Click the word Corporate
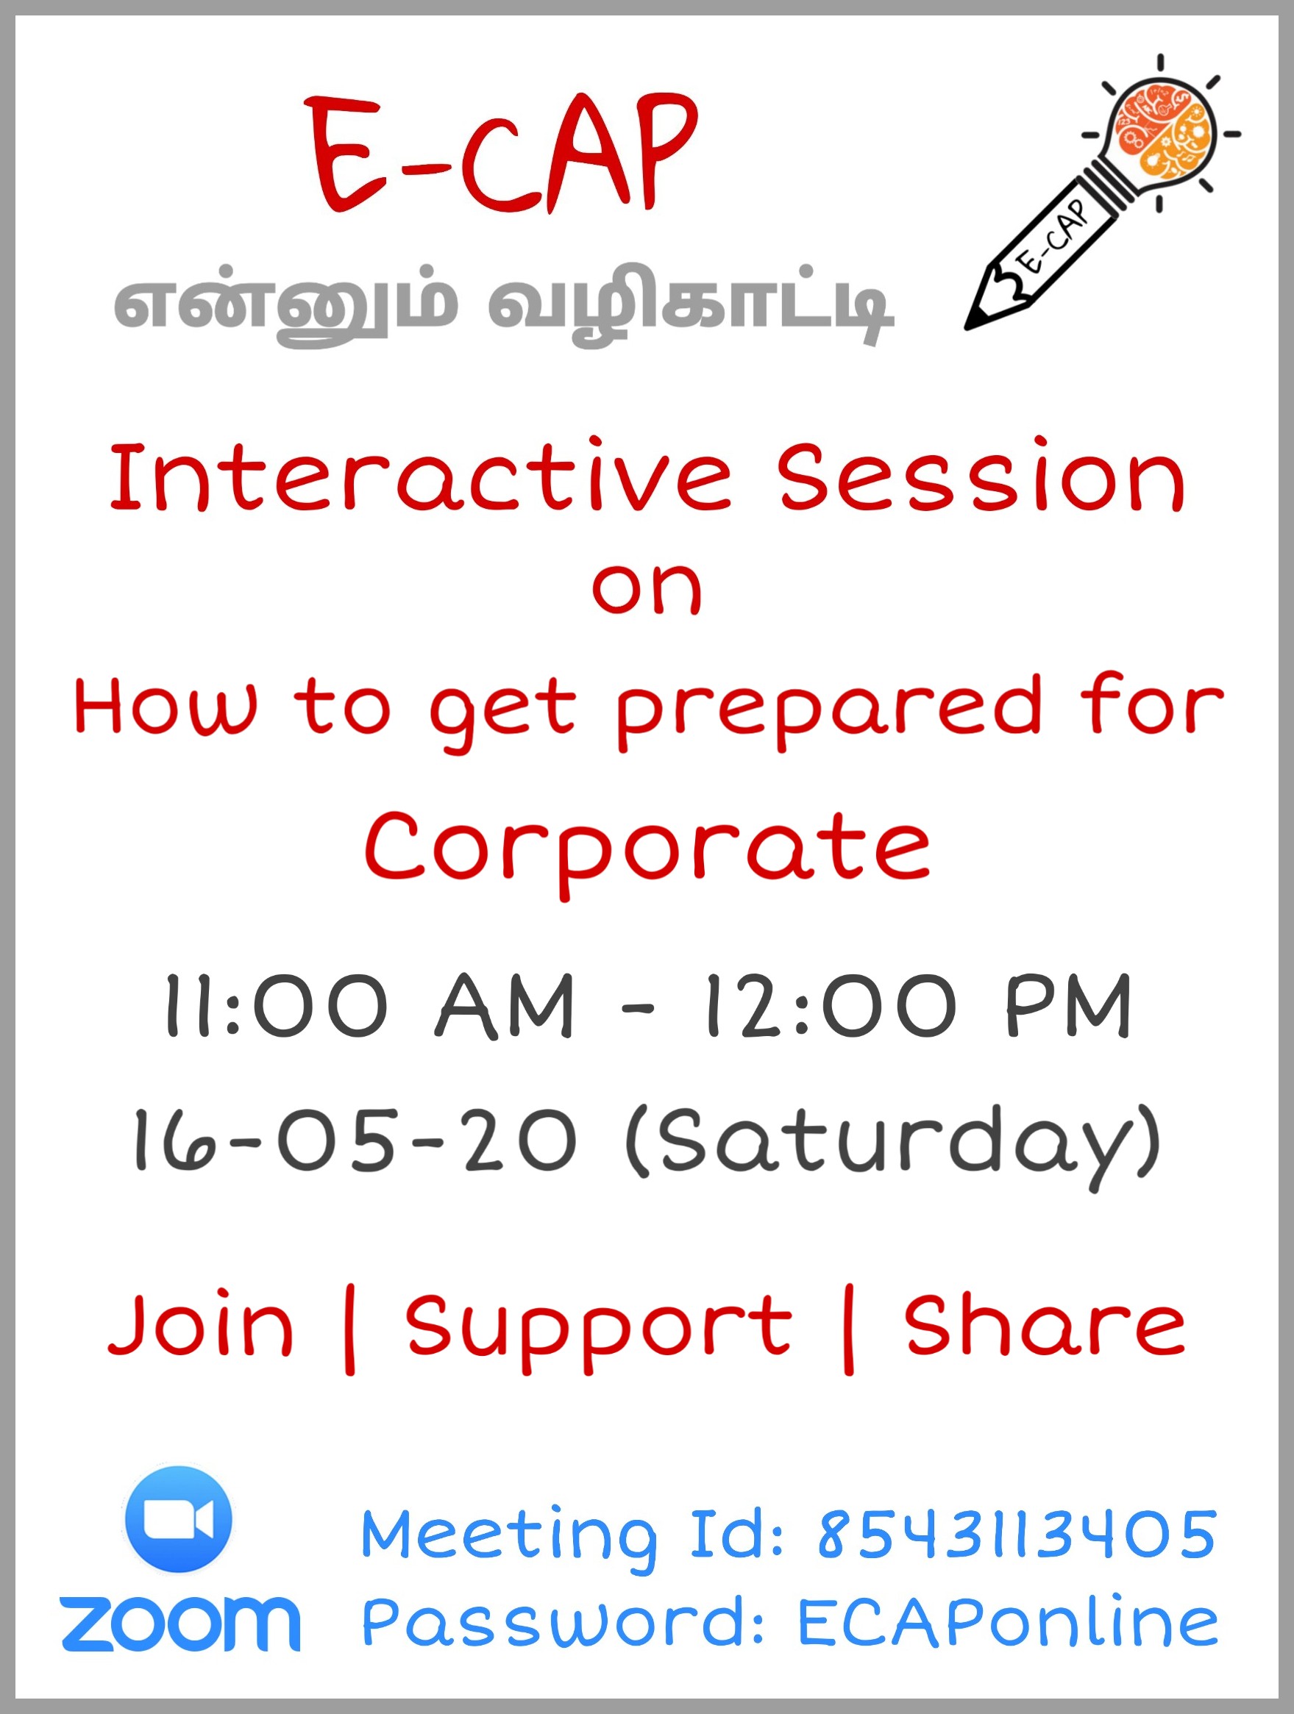647,851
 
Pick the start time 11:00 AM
369,1006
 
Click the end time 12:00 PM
918,1006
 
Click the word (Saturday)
893,1147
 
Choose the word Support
599,1331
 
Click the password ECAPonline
1008,1622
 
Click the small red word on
647,590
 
